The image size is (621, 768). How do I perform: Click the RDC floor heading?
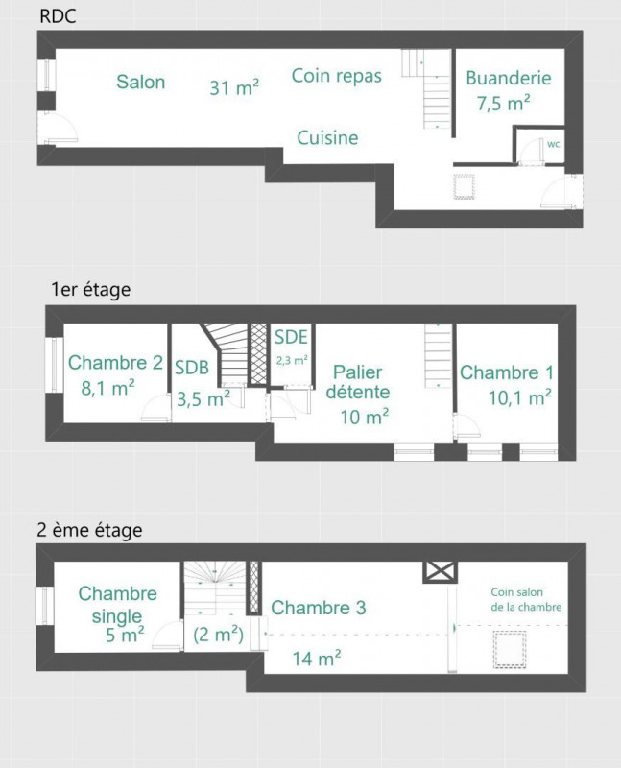(58, 16)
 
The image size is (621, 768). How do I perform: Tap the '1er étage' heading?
(91, 289)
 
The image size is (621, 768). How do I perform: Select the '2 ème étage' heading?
(89, 530)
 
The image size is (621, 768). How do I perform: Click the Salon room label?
(140, 82)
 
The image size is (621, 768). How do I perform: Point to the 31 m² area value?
(234, 87)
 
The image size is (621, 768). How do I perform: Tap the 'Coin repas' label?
(337, 76)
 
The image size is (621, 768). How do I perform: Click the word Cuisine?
(327, 137)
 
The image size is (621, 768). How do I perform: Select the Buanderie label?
(509, 78)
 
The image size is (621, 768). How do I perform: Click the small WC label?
(554, 145)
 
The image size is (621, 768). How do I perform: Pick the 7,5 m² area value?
(504, 104)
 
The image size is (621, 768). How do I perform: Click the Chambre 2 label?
(115, 363)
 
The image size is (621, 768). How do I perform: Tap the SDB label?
(192, 368)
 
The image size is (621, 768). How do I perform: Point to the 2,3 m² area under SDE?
(292, 361)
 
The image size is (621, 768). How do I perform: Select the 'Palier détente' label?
(358, 382)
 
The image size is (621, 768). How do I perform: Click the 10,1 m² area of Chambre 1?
(520, 397)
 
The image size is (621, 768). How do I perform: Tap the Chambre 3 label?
(319, 608)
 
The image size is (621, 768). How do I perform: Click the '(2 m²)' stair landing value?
(219, 635)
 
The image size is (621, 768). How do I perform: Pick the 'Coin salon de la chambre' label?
(526, 599)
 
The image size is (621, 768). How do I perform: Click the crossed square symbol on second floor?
(440, 572)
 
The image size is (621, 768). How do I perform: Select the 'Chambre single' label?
(117, 605)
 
